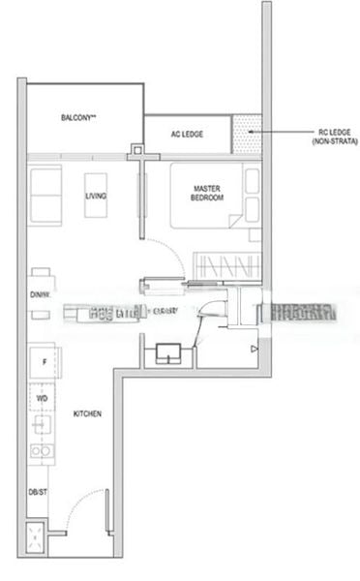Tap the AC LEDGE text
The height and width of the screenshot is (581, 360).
tap(187, 134)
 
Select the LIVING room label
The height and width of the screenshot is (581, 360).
tap(96, 197)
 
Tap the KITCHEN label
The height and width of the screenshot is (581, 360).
tap(87, 414)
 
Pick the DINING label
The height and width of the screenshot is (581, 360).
tap(40, 293)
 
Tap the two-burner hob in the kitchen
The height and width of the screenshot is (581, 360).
tap(42, 450)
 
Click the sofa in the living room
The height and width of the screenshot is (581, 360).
tap(45, 193)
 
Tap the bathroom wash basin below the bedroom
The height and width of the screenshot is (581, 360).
tap(167, 355)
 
